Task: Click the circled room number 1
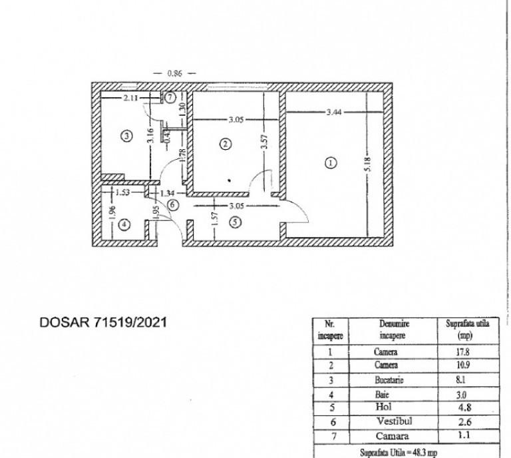pyautogui.click(x=331, y=162)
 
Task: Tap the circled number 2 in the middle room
pyautogui.click(x=226, y=144)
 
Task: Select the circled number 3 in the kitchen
pyautogui.click(x=127, y=135)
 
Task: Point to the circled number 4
pyautogui.click(x=124, y=224)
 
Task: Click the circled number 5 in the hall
pyautogui.click(x=236, y=222)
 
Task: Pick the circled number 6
pyautogui.click(x=173, y=205)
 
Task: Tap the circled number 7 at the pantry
pyautogui.click(x=170, y=97)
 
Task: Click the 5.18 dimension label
pyautogui.click(x=368, y=164)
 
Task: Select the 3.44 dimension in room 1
pyautogui.click(x=334, y=112)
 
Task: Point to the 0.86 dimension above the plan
pyautogui.click(x=174, y=73)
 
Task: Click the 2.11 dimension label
pyautogui.click(x=130, y=97)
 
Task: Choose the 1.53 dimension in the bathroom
pyautogui.click(x=122, y=192)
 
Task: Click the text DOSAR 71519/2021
pyautogui.click(x=103, y=322)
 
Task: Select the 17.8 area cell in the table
pyautogui.click(x=462, y=351)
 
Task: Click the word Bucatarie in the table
pyautogui.click(x=389, y=380)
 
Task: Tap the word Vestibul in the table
pyautogui.click(x=395, y=421)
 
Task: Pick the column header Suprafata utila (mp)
pyautogui.click(x=467, y=330)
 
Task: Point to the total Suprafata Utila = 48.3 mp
pyautogui.click(x=399, y=453)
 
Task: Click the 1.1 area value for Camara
pyautogui.click(x=464, y=435)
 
